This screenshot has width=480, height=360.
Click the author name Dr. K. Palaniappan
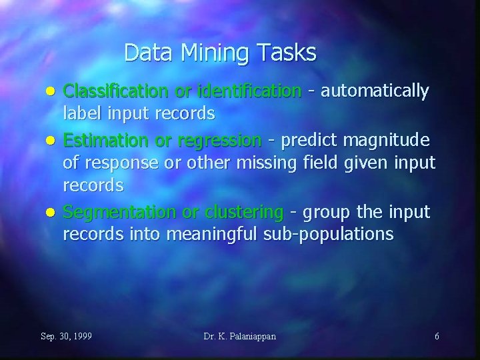tap(240, 336)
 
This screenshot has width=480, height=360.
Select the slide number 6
tap(437, 336)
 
